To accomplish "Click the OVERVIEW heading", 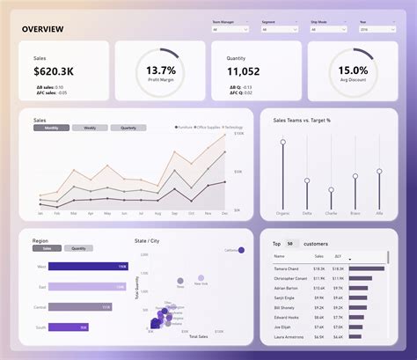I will coord(43,29).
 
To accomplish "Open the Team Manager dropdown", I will coord(230,29).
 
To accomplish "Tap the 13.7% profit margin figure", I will coord(161,70).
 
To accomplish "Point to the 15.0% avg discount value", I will coord(353,70).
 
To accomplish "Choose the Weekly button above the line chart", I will coord(90,128).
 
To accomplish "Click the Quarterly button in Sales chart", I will coord(128,128).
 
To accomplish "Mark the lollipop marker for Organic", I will coord(282,141).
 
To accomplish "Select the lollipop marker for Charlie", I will coord(331,188).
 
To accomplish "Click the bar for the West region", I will coord(88,266).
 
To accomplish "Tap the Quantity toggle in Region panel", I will coord(77,248).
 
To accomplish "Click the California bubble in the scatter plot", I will coord(242,250).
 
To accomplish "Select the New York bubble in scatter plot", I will coord(201,277).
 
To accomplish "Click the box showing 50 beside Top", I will coord(289,243).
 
